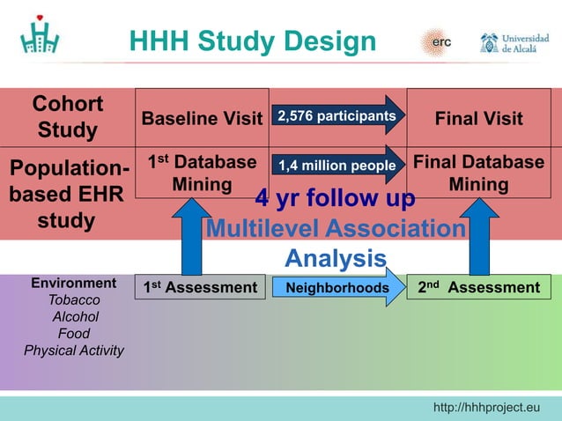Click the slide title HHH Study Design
click(x=252, y=41)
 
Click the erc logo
click(x=438, y=41)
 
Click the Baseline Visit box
click(x=203, y=118)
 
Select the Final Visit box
click(x=479, y=118)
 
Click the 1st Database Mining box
click(x=202, y=173)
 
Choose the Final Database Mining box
click(x=479, y=173)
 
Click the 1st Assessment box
click(x=200, y=287)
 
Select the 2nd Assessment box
click(x=479, y=287)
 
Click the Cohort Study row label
click(x=67, y=117)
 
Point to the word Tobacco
click(x=74, y=300)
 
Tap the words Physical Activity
click(x=74, y=351)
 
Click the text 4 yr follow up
click(x=335, y=199)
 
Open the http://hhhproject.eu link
click(x=486, y=407)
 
